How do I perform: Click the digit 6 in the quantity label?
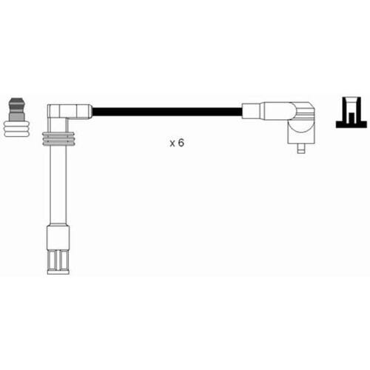181,143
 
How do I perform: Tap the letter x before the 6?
172,144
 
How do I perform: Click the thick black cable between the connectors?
166,112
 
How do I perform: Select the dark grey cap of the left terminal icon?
16,106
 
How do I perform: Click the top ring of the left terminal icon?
17,123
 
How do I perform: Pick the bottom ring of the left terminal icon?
17,134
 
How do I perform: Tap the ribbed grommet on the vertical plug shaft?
58,139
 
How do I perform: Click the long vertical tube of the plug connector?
58,185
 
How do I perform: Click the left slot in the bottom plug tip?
53,260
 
